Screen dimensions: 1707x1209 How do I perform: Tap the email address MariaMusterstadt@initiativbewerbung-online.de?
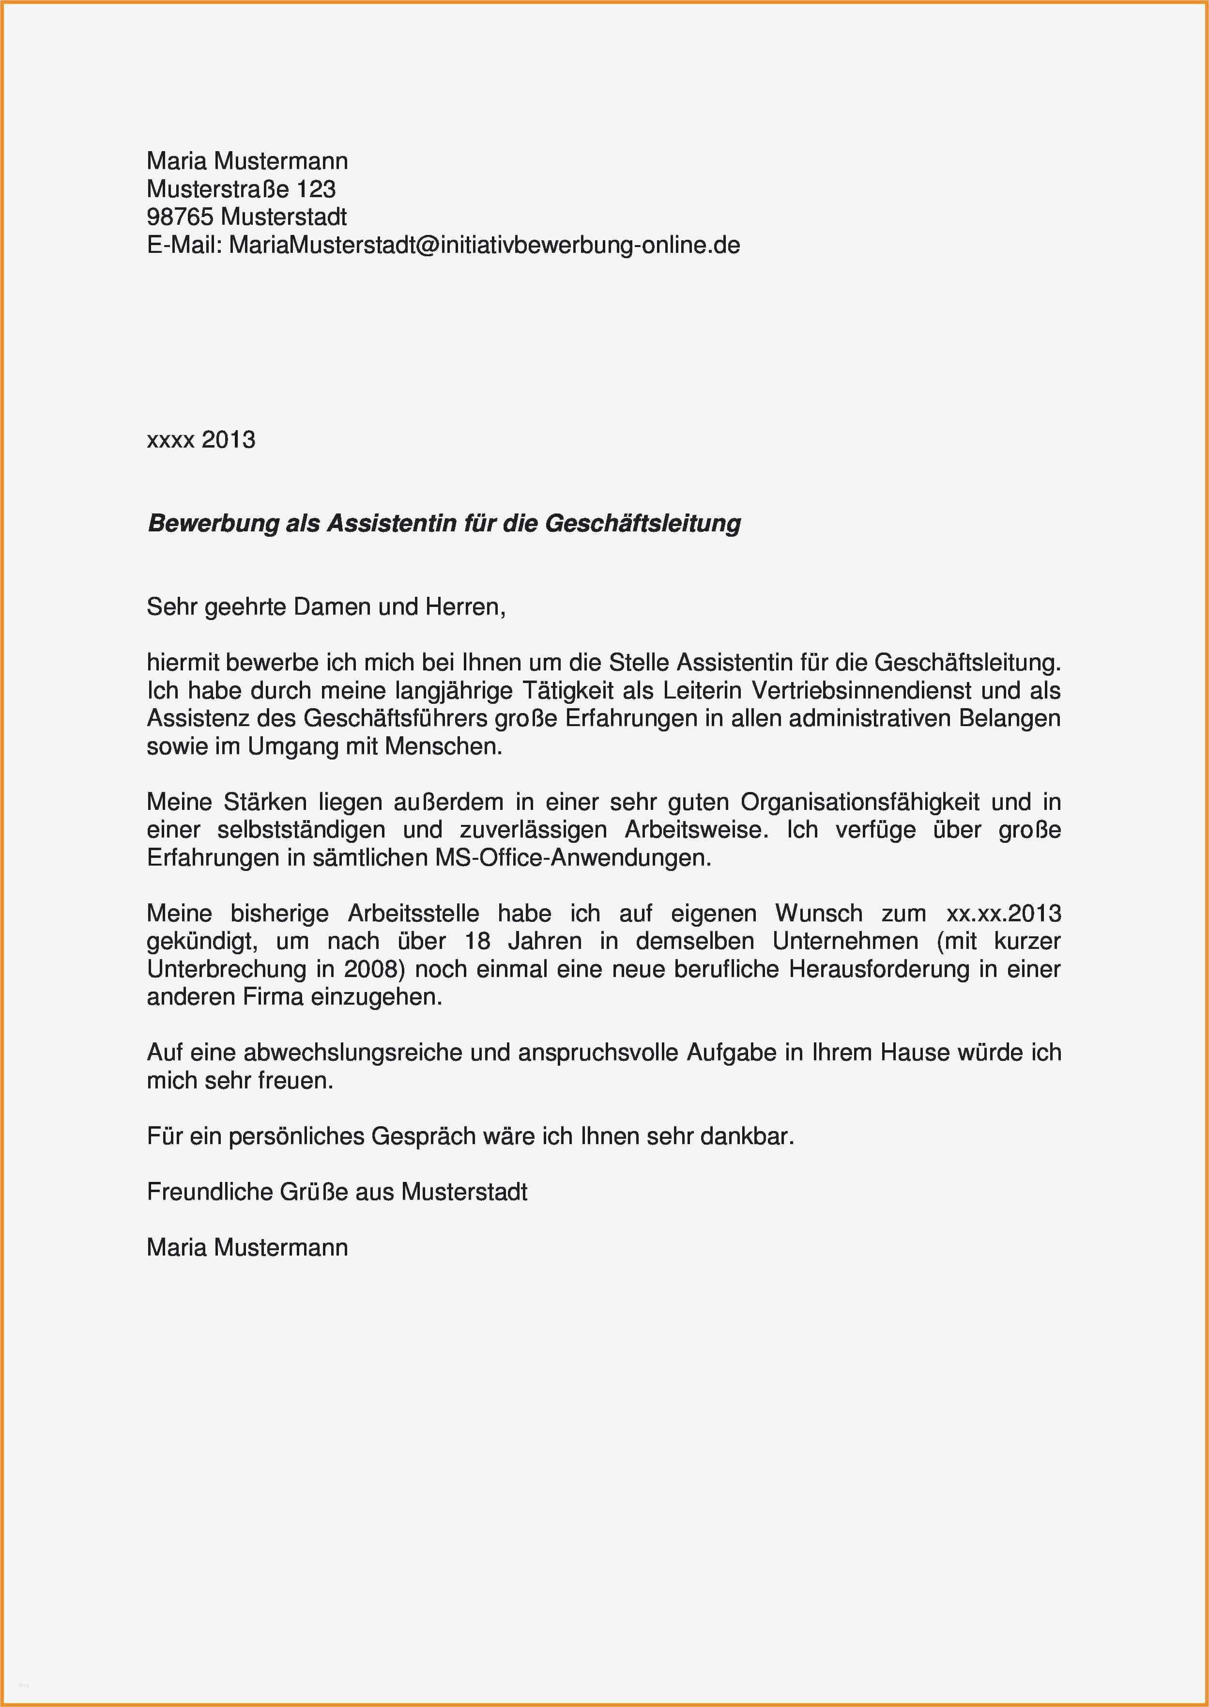pos(484,245)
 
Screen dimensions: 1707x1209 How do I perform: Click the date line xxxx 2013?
pos(201,440)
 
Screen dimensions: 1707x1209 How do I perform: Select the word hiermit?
pos(183,662)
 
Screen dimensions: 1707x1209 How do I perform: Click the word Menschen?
pos(443,746)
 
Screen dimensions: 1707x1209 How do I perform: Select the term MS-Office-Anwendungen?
pos(572,858)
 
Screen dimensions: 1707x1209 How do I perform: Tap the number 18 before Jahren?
pos(477,941)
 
